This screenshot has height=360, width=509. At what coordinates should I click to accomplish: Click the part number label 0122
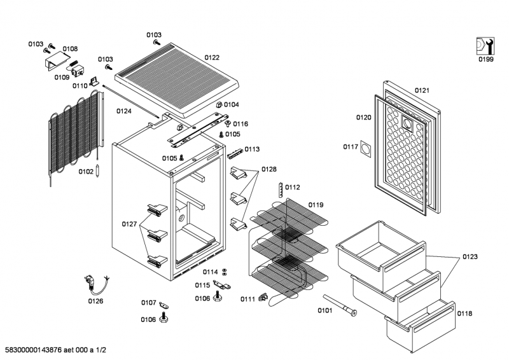coord(212,57)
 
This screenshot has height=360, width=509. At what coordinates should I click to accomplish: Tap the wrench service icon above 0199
coord(485,46)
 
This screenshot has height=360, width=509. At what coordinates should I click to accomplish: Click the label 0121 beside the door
coord(422,90)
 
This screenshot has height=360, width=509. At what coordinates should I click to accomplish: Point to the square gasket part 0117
coord(365,149)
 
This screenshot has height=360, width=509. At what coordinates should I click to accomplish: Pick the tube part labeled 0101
coord(340,305)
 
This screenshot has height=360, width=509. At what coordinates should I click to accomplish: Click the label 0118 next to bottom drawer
coord(464,314)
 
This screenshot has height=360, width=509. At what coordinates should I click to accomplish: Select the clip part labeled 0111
coord(263,296)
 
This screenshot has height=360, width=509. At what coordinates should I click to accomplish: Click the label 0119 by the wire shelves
coord(316,205)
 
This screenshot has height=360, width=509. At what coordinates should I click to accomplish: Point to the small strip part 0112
coord(280,190)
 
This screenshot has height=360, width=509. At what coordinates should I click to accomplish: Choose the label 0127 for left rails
coord(129,224)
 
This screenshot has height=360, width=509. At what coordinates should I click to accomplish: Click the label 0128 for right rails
coord(269,169)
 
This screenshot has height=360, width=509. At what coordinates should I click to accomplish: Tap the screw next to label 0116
coord(228,123)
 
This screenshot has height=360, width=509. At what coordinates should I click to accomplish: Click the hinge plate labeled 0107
coord(164,305)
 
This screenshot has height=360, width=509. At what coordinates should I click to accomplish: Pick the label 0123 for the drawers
coord(470,257)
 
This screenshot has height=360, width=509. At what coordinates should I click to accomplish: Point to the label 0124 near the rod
coord(124,111)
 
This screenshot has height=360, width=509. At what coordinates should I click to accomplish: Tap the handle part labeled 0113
coord(235,153)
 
